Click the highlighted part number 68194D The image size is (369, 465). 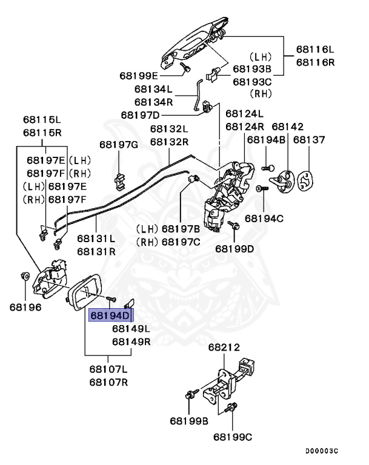click(x=110, y=316)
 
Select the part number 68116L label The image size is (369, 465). click(x=314, y=49)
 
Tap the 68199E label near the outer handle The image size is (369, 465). click(x=138, y=76)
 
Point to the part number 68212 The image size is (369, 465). click(x=224, y=348)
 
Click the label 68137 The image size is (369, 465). click(x=309, y=140)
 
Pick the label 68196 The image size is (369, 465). click(x=25, y=307)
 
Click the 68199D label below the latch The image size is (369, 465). click(x=234, y=248)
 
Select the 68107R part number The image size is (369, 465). click(x=108, y=381)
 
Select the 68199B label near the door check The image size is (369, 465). click(x=189, y=420)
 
